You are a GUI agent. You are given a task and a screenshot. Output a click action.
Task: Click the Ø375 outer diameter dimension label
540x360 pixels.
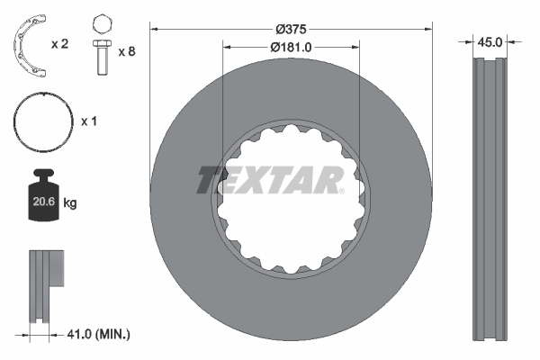(x=292, y=28)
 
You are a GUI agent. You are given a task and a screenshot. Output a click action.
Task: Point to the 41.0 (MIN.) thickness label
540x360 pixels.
(x=98, y=334)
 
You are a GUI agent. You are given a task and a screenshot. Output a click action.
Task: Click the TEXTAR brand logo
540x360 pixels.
(x=269, y=179)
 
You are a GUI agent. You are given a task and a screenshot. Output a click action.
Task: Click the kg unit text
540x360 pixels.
(x=71, y=204)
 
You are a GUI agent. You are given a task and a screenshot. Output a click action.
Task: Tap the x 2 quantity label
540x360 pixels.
(x=60, y=43)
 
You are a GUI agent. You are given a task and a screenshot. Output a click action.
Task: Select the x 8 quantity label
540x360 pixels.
(x=128, y=51)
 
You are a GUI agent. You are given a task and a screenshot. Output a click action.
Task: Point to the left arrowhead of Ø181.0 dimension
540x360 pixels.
(x=226, y=47)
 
